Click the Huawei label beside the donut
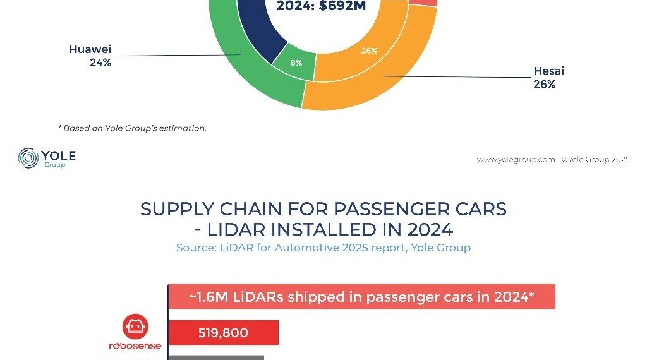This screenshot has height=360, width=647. [x=90, y=50]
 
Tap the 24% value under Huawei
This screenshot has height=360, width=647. [x=100, y=63]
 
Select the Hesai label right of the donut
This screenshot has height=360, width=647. [x=548, y=71]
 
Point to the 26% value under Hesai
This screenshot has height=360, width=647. [x=545, y=84]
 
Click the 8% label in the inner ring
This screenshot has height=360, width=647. [x=296, y=63]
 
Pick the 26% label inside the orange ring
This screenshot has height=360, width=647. [x=369, y=51]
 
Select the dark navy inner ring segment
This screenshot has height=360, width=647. [x=259, y=32]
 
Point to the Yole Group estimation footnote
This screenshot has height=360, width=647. [x=132, y=128]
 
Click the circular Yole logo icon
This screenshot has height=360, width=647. [x=29, y=158]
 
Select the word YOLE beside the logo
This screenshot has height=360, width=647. [x=59, y=155]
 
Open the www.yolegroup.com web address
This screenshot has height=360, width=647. [x=516, y=160]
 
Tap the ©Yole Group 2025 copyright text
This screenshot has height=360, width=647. [x=595, y=160]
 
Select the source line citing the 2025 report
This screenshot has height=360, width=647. [x=323, y=248]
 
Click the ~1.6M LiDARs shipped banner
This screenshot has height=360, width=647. [x=361, y=297]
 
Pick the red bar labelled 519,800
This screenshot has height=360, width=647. [x=223, y=332]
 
